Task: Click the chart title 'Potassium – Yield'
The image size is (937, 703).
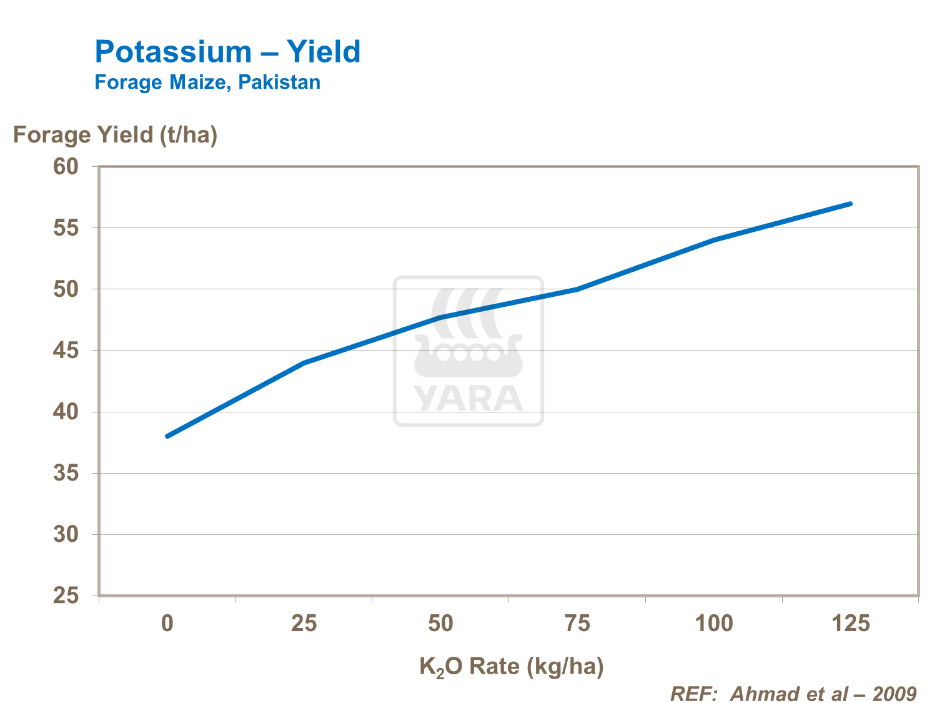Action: tap(227, 52)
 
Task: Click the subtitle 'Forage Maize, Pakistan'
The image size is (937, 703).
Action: tap(207, 82)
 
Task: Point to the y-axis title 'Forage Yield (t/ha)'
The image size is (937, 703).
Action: tap(116, 135)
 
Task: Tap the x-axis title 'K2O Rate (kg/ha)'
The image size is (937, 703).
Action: tap(512, 667)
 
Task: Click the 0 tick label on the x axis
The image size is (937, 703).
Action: tap(167, 624)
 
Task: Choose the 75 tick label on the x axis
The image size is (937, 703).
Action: tap(577, 624)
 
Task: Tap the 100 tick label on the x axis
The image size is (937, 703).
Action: tap(714, 624)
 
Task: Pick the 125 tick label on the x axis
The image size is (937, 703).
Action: tap(851, 624)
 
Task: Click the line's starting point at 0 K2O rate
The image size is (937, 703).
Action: tap(167, 436)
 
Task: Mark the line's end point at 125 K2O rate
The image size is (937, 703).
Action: tap(850, 204)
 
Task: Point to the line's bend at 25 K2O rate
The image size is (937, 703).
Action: tap(304, 362)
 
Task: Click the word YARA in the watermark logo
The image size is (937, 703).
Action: tap(468, 399)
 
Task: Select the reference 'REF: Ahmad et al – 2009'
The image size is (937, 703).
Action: tap(793, 694)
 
